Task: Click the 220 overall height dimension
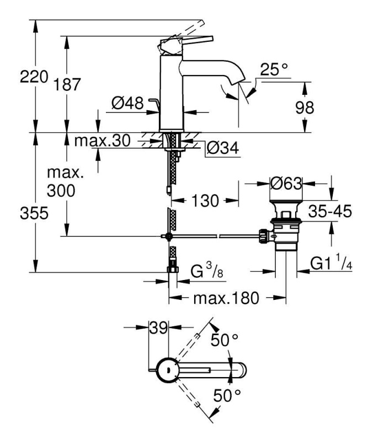[34, 77]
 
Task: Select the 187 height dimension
[67, 84]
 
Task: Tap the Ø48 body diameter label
[127, 103]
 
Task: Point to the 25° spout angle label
[274, 69]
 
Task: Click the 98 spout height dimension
[305, 107]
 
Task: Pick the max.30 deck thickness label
[103, 141]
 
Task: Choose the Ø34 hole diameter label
[222, 148]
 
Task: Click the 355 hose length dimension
[34, 213]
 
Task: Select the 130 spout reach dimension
[205, 201]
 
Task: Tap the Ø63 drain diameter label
[286, 184]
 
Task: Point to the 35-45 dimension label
[330, 211]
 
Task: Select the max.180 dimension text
[226, 298]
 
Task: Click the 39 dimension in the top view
[158, 327]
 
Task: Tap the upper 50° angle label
[225, 340]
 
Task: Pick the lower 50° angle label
[227, 395]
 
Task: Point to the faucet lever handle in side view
[186, 42]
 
